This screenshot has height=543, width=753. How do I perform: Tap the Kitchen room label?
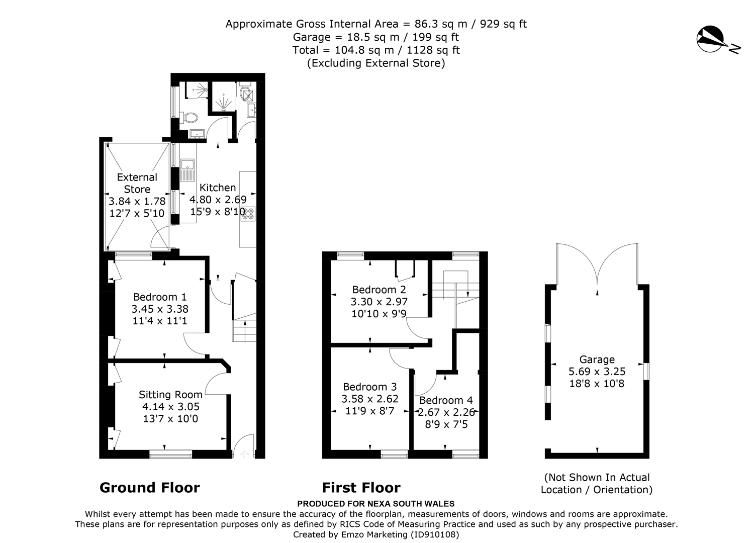click(218, 187)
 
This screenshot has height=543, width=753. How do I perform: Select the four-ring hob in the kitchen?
click(248, 214)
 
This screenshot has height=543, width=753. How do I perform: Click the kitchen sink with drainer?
click(187, 170)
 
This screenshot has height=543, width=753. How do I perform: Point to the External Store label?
click(137, 183)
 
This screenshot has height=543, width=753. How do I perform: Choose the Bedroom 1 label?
click(160, 297)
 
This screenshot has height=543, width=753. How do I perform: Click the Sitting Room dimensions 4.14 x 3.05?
click(171, 406)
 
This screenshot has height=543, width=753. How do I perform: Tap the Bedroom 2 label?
click(379, 290)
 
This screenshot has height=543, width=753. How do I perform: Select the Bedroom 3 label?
click(370, 387)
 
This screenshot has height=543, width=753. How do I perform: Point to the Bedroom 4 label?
click(446, 400)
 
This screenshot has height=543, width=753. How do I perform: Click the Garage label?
click(597, 359)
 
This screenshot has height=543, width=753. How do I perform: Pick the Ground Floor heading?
click(150, 488)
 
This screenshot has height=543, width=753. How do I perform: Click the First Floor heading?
click(361, 488)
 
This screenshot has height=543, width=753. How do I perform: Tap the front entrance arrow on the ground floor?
click(244, 454)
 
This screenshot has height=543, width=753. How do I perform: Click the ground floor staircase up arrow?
click(245, 331)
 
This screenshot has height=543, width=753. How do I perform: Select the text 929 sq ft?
click(503, 24)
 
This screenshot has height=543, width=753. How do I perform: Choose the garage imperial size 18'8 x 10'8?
click(597, 383)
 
